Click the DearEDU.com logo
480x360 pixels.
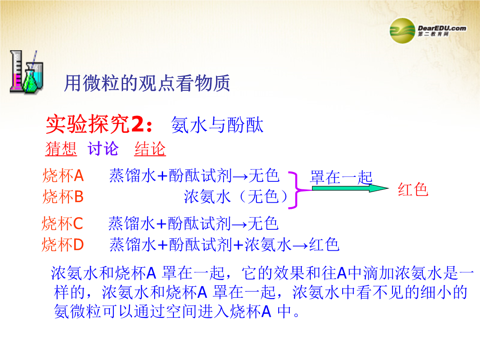click(428, 31)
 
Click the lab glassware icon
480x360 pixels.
click(26, 72)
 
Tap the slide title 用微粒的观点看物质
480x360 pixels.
click(147, 83)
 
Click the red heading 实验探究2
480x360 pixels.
click(99, 124)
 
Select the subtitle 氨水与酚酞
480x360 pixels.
click(217, 125)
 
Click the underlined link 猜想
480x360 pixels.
click(61, 149)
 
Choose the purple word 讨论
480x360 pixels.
click(103, 149)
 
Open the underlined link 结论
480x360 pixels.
click(150, 149)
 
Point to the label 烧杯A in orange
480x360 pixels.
click(63, 176)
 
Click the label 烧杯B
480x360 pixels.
click(63, 196)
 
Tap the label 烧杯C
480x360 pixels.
click(63, 223)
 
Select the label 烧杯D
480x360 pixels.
click(63, 244)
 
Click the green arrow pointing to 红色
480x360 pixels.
click(350, 188)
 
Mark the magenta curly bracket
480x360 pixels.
click(295, 190)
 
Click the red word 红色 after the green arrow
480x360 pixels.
click(413, 189)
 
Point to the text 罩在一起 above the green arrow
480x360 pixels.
click(341, 177)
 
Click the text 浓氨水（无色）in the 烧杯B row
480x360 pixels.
click(236, 196)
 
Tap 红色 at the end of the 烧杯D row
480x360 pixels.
click(324, 244)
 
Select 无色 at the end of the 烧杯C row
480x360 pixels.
click(263, 223)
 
